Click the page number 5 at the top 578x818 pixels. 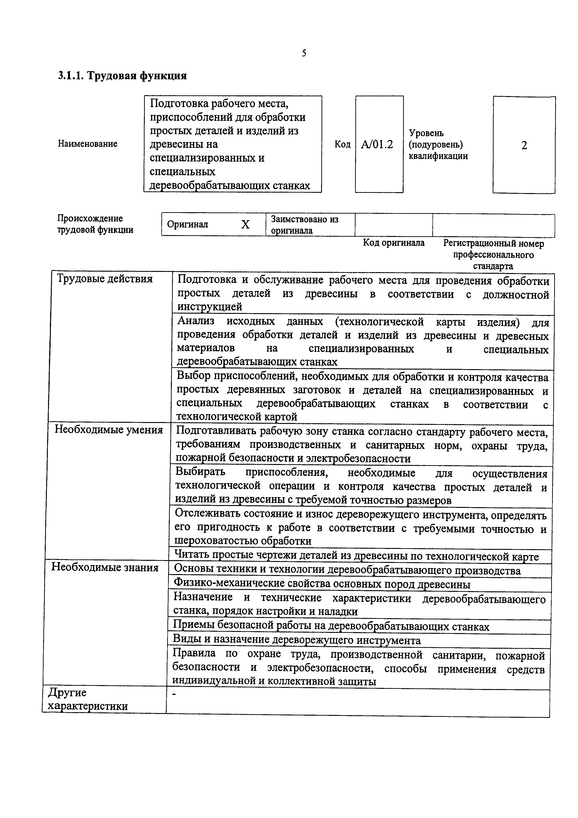pyautogui.click(x=304, y=53)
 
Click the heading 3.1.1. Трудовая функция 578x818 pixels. pyautogui.click(x=122, y=76)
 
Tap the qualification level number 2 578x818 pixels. pyautogui.click(x=524, y=145)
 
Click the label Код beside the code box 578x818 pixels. pyautogui.click(x=342, y=144)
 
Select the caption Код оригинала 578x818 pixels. pyautogui.click(x=394, y=243)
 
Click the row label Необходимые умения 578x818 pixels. pyautogui.click(x=109, y=430)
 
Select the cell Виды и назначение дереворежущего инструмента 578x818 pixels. pyautogui.click(x=297, y=641)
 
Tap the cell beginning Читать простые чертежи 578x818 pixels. pyautogui.click(x=356, y=556)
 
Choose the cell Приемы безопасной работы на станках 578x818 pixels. pyautogui.click(x=331, y=627)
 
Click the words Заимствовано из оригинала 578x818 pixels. pyautogui.click(x=305, y=225)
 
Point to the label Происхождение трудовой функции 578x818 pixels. pyautogui.click(x=95, y=224)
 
